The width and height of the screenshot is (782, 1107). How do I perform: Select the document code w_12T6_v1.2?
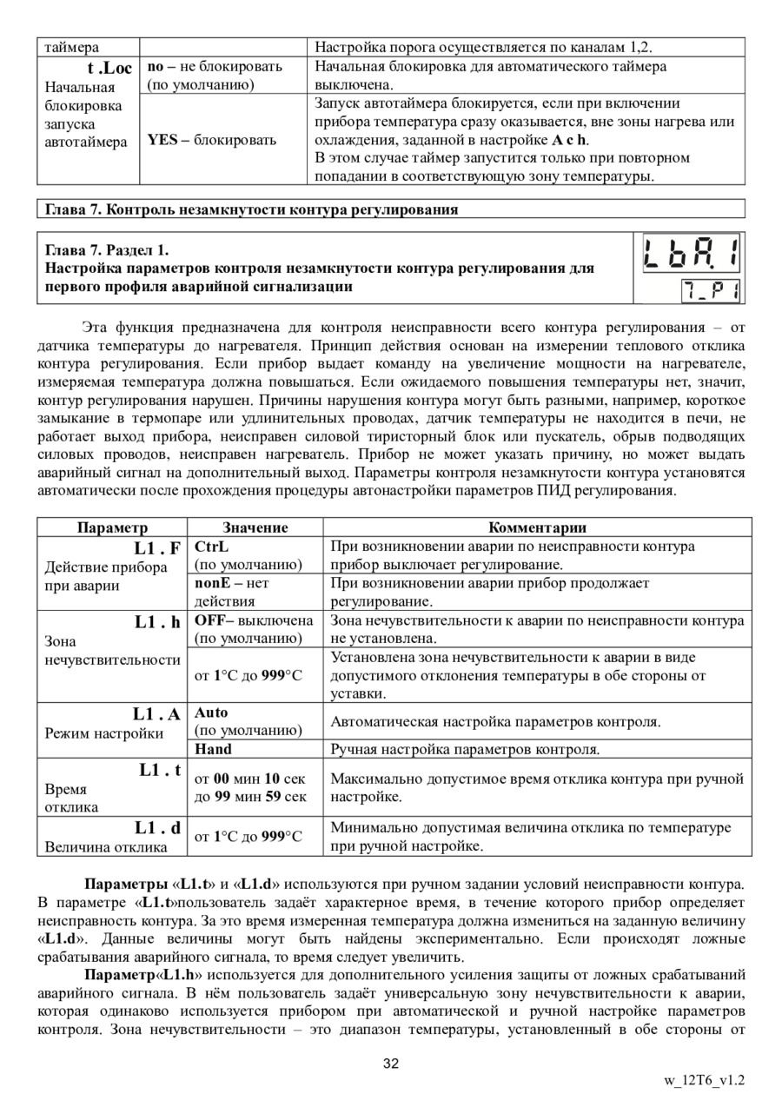pyautogui.click(x=704, y=1081)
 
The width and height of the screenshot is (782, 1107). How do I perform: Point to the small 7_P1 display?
pyautogui.click(x=710, y=290)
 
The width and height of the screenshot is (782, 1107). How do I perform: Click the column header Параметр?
pyautogui.click(x=112, y=527)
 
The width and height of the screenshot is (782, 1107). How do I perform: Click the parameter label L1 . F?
pyautogui.click(x=156, y=548)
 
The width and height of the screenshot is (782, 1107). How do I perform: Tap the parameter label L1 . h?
pyautogui.click(x=156, y=622)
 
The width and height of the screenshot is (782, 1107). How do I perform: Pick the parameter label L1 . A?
pyautogui.click(x=156, y=714)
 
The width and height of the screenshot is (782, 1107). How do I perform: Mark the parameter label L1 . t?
pyautogui.click(x=159, y=770)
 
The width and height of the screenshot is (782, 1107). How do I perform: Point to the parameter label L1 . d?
pyautogui.click(x=157, y=828)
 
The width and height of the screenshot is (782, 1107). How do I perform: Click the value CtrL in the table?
pyautogui.click(x=211, y=547)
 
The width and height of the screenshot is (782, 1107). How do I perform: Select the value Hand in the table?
pyautogui.click(x=213, y=748)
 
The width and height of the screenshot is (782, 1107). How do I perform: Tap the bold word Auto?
pyautogui.click(x=211, y=713)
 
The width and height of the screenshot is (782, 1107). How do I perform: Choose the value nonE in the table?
pyautogui.click(x=213, y=584)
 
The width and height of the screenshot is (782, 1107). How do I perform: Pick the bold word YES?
pyautogui.click(x=162, y=140)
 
